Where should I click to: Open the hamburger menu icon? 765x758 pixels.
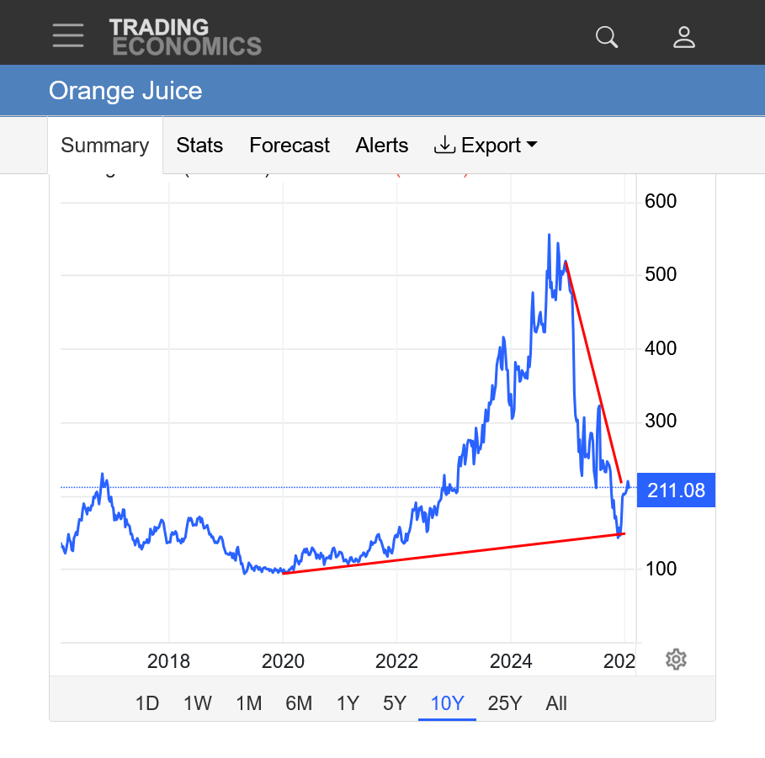point(67,35)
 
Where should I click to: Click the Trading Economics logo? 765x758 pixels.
point(185,37)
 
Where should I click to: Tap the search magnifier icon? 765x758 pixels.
point(607,36)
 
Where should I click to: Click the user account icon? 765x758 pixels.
point(684,36)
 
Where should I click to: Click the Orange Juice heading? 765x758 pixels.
point(125,91)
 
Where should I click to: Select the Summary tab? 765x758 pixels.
point(105,146)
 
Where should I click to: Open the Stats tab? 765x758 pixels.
point(199,146)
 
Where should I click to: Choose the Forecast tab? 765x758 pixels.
point(290,146)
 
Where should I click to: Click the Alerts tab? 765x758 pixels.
point(382,146)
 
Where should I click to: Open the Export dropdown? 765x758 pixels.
point(486,146)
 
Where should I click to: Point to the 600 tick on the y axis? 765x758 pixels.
point(661,202)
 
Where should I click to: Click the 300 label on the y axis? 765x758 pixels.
point(661,421)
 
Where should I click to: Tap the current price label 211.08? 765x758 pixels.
point(676,490)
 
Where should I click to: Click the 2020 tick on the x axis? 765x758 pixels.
point(283,661)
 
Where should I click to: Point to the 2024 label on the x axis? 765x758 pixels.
point(511,661)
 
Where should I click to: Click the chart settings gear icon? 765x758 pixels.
point(676,660)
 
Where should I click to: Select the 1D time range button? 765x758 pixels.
point(147,703)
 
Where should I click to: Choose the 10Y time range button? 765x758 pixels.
point(447,703)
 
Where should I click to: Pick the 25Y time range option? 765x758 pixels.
point(505,703)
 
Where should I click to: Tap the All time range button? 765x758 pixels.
point(556,703)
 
